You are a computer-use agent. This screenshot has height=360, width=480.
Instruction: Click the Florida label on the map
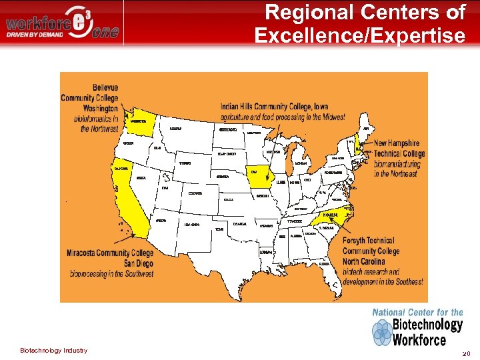(x=325, y=264)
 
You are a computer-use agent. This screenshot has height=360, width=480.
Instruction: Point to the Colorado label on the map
(x=195, y=193)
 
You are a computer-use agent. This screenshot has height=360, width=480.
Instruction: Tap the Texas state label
(x=220, y=230)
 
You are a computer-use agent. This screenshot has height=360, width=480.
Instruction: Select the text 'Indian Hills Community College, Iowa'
(x=283, y=107)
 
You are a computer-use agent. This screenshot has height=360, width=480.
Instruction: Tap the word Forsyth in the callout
(x=359, y=241)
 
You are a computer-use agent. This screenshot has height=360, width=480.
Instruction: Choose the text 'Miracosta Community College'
(x=110, y=253)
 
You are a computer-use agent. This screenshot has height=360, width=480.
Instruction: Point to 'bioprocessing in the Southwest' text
(x=110, y=273)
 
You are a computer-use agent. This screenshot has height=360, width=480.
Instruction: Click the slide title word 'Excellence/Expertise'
(x=360, y=35)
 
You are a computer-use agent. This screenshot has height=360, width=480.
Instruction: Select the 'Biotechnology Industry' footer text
(x=53, y=351)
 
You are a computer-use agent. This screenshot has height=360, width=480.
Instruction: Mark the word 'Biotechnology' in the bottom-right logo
(x=427, y=325)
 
